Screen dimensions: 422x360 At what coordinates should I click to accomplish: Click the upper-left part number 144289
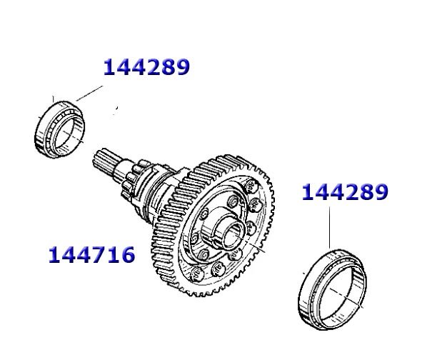pyautogui.click(x=146, y=66)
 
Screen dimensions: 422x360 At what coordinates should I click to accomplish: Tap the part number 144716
pyautogui.click(x=91, y=254)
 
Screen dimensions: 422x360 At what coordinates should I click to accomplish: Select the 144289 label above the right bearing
pyautogui.click(x=345, y=192)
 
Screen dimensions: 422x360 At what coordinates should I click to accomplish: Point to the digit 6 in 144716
pyautogui.click(x=127, y=254)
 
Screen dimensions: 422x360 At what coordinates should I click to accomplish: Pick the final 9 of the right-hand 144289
pyautogui.click(x=381, y=192)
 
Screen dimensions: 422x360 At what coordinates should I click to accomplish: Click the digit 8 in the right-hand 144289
pyautogui.click(x=366, y=192)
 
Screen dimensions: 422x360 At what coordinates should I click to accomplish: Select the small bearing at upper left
pyautogui.click(x=60, y=129)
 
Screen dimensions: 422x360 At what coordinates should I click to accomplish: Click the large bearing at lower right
pyautogui.click(x=333, y=289)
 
